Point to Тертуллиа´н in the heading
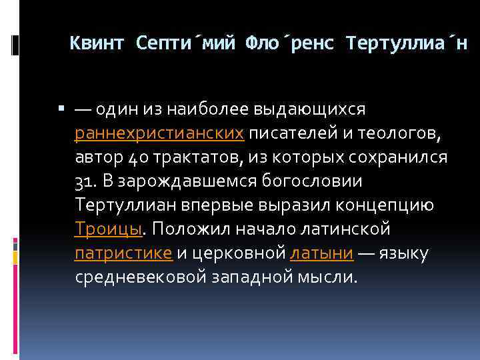(407, 45)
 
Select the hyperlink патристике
(123, 253)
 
